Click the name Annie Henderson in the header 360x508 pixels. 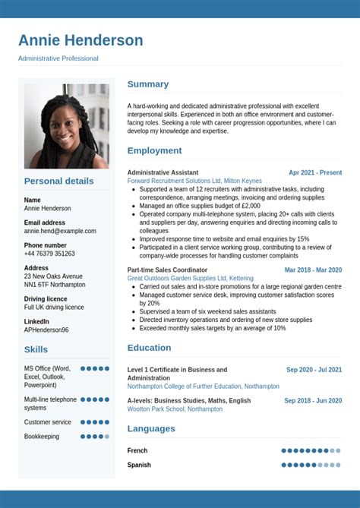click(x=81, y=40)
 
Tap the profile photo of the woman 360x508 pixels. click(x=66, y=125)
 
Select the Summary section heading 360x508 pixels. click(x=147, y=84)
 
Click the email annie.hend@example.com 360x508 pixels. click(x=60, y=231)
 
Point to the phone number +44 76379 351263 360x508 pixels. click(x=49, y=254)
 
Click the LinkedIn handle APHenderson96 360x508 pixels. click(x=46, y=330)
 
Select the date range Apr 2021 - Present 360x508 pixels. click(x=315, y=172)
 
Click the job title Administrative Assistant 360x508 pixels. click(x=163, y=172)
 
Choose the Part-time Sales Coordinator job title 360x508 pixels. click(x=167, y=270)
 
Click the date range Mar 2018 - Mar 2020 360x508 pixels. click(x=313, y=270)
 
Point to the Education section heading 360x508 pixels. click(x=149, y=348)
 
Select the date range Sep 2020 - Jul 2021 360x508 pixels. click(x=314, y=370)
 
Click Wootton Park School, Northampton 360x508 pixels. click(x=175, y=409)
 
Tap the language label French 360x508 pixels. click(x=137, y=450)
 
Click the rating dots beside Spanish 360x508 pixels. click(x=311, y=465)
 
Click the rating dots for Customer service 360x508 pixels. click(x=95, y=422)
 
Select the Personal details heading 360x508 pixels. click(x=58, y=181)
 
